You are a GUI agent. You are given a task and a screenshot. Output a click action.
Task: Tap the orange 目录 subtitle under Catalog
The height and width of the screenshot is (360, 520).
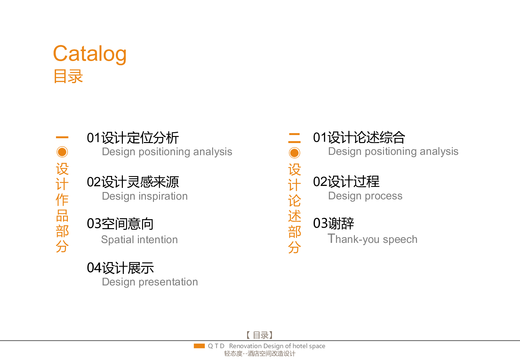coord(68,76)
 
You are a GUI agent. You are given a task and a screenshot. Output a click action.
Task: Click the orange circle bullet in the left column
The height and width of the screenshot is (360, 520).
coord(62,152)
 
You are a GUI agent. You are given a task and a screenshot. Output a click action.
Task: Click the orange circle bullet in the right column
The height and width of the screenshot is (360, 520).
coord(294,153)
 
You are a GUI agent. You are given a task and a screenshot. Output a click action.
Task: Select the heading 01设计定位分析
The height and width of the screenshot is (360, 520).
coord(133,138)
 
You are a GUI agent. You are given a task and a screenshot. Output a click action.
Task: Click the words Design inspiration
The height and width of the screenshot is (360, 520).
coord(145,196)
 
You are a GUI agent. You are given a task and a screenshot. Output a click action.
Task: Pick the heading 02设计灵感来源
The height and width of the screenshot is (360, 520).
coord(133,182)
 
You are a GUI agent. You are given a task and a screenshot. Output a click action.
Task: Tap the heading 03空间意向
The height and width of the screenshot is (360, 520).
coord(120,224)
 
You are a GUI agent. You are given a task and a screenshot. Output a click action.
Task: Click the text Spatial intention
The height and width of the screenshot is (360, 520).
coord(139,240)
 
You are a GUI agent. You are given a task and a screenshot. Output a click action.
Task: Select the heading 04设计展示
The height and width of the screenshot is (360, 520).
coord(120,268)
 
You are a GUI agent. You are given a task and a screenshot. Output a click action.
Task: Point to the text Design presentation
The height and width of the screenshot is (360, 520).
coord(150,282)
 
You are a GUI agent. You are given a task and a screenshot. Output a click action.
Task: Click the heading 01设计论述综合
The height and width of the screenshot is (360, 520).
coord(359,138)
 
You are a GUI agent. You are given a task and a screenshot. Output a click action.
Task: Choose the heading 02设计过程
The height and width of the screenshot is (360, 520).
coord(346,182)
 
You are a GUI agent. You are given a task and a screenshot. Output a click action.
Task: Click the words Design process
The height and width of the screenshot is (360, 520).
coord(365,196)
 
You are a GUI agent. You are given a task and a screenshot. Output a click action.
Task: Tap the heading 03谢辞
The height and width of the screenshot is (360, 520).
coord(333,223)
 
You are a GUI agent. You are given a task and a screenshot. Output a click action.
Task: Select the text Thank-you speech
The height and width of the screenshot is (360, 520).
coord(372,239)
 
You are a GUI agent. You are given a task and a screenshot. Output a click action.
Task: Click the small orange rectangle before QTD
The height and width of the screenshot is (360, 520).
coord(199,346)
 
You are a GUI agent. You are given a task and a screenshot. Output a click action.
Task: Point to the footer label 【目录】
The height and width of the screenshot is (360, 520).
coord(260,335)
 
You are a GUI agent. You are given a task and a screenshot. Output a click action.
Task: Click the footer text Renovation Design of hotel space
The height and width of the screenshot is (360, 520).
coord(277,346)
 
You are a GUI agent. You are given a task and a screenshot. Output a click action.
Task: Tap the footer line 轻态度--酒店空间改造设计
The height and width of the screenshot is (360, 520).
coord(260,354)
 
